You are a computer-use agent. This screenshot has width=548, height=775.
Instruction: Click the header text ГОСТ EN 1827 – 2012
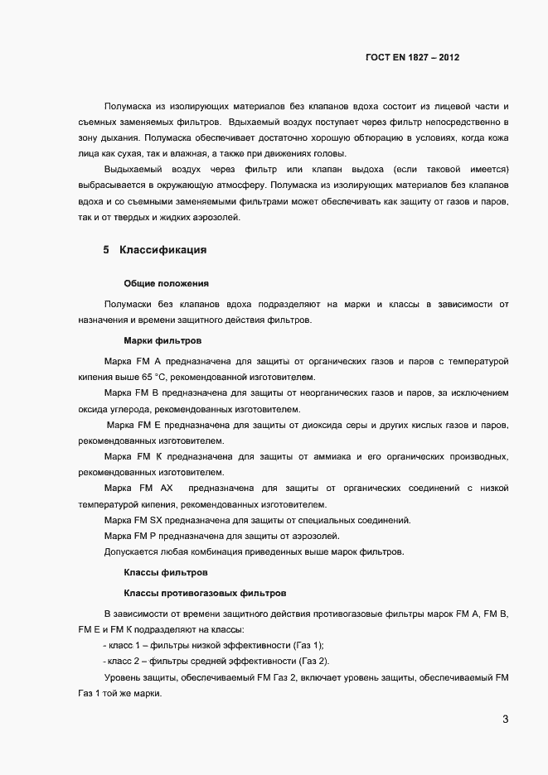pos(412,58)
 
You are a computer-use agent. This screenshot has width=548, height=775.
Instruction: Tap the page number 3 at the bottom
pos(506,719)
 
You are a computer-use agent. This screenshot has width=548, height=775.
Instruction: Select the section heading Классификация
pos(158,249)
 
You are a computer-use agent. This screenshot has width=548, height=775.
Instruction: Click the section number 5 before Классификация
pos(106,249)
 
